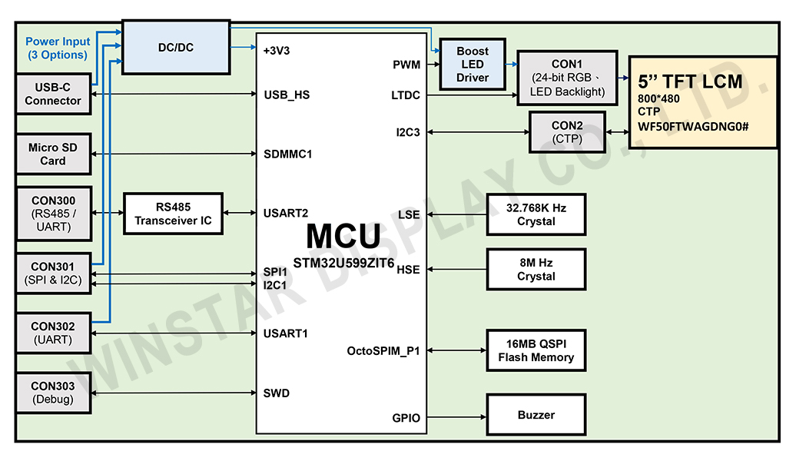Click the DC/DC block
click(175, 48)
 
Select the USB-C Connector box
click(53, 94)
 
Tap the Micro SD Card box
click(53, 154)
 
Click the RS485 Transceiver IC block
click(173, 214)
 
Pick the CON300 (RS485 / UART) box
click(53, 213)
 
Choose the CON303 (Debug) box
click(53, 393)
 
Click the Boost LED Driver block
click(472, 65)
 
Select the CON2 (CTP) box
click(567, 132)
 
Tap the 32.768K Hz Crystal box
click(536, 214)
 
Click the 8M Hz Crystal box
click(536, 269)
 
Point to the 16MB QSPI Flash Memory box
click(536, 350)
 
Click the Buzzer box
click(536, 415)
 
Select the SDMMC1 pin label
click(287, 154)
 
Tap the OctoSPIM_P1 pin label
click(383, 351)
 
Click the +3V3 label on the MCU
click(277, 51)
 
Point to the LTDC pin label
click(405, 95)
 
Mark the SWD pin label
click(277, 393)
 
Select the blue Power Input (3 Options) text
click(58, 48)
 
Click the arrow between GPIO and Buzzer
click(456, 417)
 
